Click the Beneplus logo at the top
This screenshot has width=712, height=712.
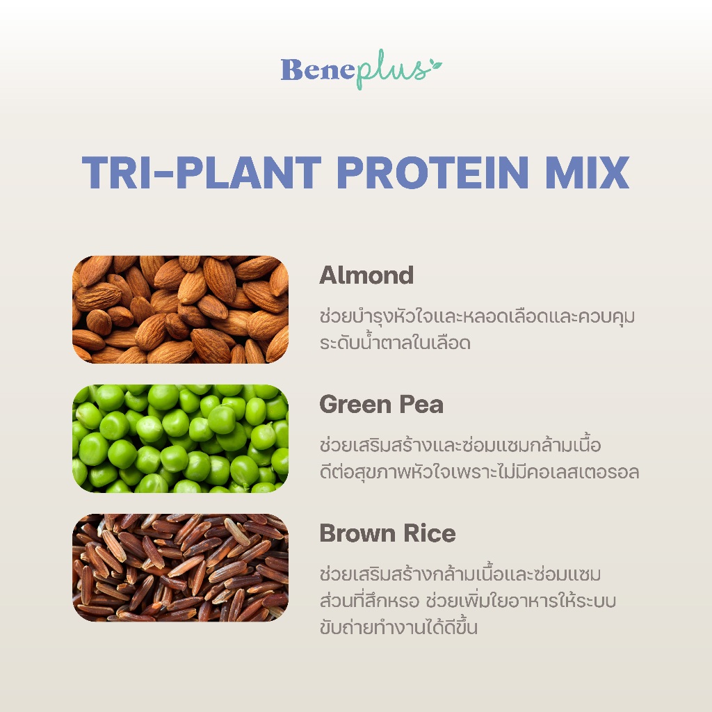tap(362, 69)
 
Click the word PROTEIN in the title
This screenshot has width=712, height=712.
tap(432, 172)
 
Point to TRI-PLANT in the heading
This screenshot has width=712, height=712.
tap(202, 172)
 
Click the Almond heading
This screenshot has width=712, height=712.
tap(366, 275)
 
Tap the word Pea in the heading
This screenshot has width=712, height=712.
tap(421, 404)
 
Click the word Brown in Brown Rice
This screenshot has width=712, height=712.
tap(357, 533)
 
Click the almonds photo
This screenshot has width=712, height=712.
tap(180, 309)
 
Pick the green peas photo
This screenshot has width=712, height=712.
tap(180, 439)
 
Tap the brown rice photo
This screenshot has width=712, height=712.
tap(180, 567)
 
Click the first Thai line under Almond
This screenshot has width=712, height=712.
tap(477, 316)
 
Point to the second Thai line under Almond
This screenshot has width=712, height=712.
tap(395, 342)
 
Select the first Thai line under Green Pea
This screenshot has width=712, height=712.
tap(460, 445)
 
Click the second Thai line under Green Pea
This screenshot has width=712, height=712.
tap(479, 472)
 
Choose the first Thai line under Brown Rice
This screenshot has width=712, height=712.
tap(460, 574)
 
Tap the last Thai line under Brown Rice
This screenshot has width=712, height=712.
tap(398, 627)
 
